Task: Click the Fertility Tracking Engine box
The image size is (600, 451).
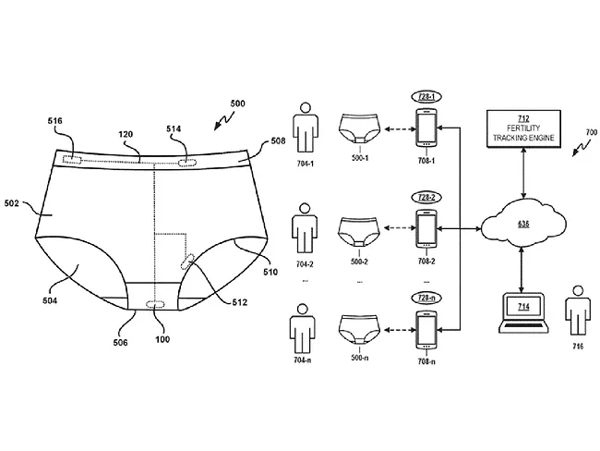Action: (523, 128)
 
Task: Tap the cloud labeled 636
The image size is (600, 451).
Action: (523, 225)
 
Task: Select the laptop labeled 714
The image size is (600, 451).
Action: (523, 312)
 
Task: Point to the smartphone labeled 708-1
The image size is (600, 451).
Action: (426, 128)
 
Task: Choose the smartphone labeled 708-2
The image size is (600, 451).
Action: (426, 228)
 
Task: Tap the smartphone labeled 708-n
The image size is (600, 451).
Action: (426, 329)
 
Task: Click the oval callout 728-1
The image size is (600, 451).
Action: (426, 97)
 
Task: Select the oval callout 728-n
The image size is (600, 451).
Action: (426, 298)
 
